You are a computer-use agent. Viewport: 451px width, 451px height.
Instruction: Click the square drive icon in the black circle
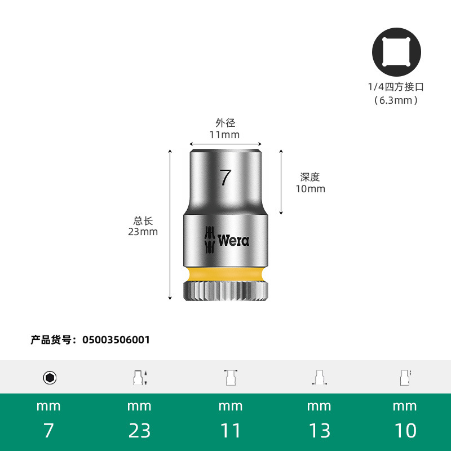pos(396,52)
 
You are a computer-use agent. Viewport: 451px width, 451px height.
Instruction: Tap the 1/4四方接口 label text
pos(396,87)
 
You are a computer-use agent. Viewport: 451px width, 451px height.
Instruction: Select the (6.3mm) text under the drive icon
pos(396,100)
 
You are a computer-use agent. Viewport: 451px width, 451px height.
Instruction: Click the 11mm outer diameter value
pos(224,135)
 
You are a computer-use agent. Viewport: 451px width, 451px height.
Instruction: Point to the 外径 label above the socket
pos(225,123)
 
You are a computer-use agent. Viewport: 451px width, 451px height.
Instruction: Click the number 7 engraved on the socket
pos(225,178)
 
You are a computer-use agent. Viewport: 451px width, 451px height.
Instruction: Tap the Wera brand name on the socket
pos(233,241)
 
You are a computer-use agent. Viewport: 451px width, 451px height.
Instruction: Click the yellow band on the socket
pos(226,275)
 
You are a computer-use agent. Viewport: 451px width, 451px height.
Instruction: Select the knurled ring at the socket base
pos(226,291)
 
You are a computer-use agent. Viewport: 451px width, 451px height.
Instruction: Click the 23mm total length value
pos(143,232)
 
